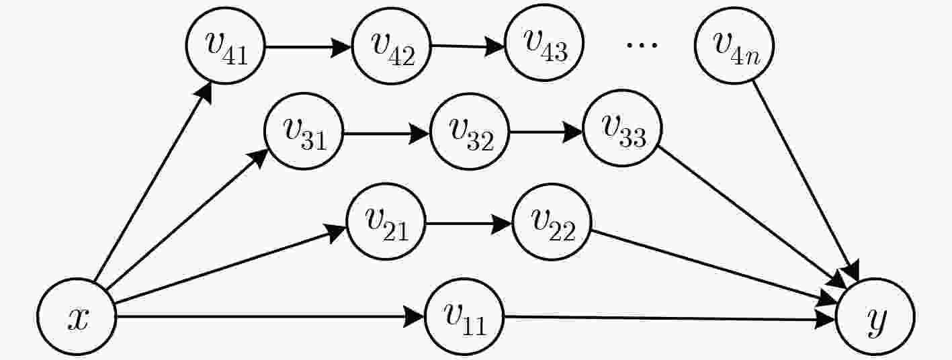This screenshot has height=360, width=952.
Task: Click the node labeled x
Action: click(77, 316)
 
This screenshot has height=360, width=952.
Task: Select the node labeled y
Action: click(875, 316)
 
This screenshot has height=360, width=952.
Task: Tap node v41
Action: click(226, 46)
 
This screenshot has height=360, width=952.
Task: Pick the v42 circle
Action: click(392, 46)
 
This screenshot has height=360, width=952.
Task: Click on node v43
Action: click(544, 42)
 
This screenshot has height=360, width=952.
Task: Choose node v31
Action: click(304, 131)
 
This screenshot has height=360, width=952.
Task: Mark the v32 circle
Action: click(470, 131)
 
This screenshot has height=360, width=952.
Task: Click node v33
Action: click(623, 128)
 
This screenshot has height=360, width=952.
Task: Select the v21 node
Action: click(386, 222)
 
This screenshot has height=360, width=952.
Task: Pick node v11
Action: click(464, 316)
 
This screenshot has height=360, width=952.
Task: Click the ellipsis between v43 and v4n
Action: click(642, 44)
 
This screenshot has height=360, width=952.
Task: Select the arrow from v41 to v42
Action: click(308, 47)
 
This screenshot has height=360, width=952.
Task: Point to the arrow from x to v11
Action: click(270, 316)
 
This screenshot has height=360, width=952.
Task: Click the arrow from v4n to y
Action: click(806, 180)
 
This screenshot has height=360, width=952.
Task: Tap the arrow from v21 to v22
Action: click(469, 224)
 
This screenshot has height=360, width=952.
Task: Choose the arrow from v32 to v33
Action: click(546, 132)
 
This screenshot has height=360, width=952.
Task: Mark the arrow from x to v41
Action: click(153, 181)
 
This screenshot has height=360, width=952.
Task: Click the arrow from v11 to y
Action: click(670, 318)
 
